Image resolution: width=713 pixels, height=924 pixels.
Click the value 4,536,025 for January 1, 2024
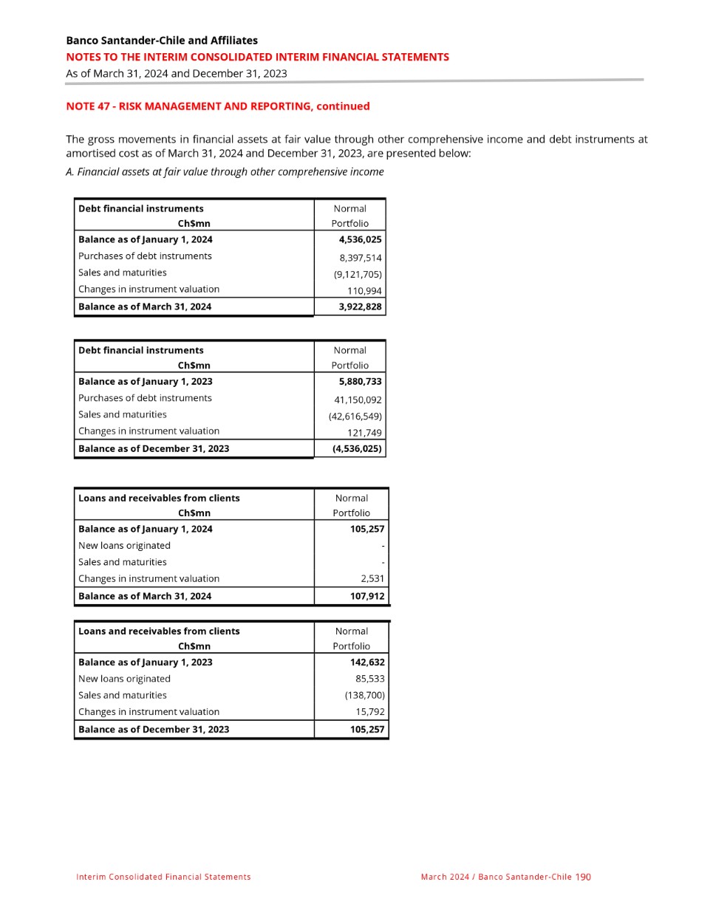(360, 239)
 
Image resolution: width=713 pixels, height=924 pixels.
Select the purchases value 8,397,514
(361, 258)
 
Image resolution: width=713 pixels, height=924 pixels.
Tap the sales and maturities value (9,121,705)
(358, 274)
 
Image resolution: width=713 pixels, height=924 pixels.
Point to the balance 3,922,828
(360, 307)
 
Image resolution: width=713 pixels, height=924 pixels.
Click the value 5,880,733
(360, 381)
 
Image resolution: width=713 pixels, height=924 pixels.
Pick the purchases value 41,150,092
(358, 400)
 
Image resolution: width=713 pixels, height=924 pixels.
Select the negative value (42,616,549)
(355, 416)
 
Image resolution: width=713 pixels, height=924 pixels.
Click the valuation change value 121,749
(364, 433)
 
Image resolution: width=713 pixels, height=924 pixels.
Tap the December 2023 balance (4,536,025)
(357, 448)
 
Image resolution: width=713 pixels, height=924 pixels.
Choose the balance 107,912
(367, 596)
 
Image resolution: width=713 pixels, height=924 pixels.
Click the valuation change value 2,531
(372, 578)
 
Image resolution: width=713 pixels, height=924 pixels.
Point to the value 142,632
(367, 663)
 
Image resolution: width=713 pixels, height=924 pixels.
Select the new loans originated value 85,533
(369, 679)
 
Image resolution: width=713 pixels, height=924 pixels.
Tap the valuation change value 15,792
(369, 712)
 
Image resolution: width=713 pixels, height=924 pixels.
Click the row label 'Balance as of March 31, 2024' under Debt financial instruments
(145, 307)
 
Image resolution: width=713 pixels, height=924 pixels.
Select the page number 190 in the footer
(583, 877)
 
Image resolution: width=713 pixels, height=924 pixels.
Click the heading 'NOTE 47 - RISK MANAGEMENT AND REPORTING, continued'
(218, 106)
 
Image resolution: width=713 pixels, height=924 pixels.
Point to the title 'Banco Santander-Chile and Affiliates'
(162, 41)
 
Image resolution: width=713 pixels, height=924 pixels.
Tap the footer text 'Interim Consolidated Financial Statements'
(163, 877)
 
